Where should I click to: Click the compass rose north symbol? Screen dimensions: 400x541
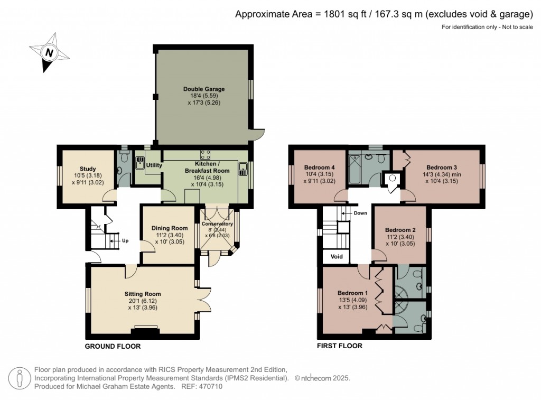[x=49, y=52]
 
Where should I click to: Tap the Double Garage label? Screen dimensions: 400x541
[x=204, y=89]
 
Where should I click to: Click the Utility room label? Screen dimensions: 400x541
[x=154, y=165]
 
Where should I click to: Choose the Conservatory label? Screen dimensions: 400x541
[x=217, y=224]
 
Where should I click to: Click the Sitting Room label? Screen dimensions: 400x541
[x=143, y=294]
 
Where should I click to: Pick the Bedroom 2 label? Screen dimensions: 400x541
[x=400, y=230]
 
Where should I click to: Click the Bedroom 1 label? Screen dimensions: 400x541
[x=352, y=293]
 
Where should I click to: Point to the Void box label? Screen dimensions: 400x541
[x=337, y=257]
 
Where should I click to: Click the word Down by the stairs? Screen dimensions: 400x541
[x=360, y=213]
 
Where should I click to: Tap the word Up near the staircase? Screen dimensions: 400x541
[x=125, y=240]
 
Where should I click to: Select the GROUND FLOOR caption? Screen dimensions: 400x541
[x=113, y=347]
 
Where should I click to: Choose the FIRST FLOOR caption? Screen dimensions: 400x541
[x=339, y=347]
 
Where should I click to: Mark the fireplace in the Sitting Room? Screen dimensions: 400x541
[x=145, y=331]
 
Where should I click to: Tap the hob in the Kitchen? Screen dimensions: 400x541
[x=206, y=154]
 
